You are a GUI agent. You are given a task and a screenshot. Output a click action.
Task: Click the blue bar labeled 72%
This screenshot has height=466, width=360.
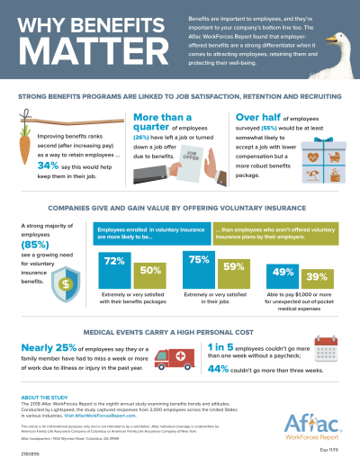[113, 268]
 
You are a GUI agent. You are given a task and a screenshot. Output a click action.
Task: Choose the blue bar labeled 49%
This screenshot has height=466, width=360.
[283, 274]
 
